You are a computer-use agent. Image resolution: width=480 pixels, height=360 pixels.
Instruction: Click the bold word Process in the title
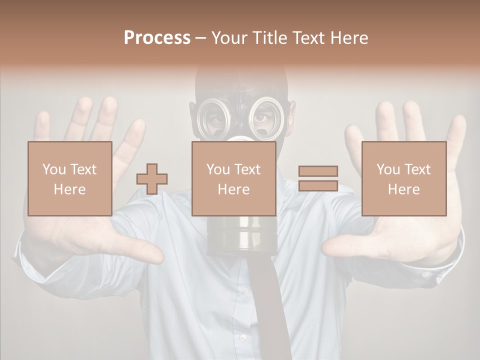pos(157,38)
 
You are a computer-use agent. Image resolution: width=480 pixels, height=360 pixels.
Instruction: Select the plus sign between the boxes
pos(152,179)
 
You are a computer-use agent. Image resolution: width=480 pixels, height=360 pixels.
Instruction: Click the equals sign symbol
pos(318,178)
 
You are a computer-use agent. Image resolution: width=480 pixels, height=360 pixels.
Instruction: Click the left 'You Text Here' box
pos(70,178)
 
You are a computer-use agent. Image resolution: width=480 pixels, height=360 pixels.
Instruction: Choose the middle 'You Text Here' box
pos(234,178)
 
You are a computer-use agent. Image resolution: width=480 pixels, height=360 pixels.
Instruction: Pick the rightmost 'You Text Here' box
pos(404,178)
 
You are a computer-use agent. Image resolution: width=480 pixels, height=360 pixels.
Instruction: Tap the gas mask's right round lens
pos(266,117)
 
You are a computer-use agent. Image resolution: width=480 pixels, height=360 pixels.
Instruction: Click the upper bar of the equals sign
pos(318,171)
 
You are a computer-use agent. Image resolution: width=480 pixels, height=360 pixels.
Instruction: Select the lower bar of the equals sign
pos(318,185)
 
